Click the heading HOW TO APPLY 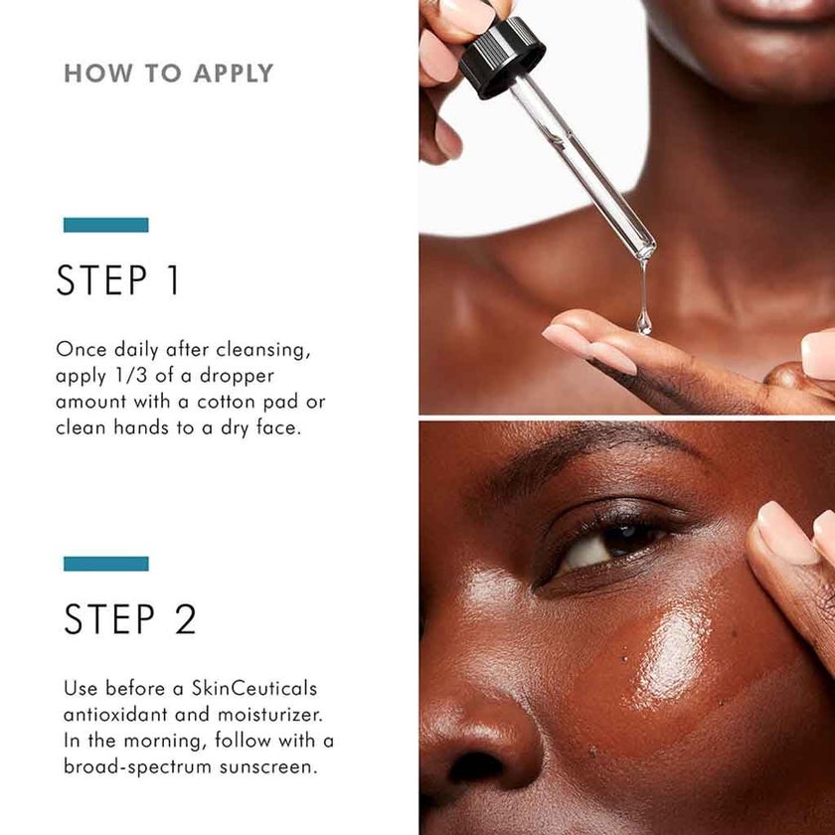[168, 74]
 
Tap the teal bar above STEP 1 [105, 225]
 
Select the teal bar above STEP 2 [105, 564]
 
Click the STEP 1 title [118, 281]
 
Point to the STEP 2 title [130, 619]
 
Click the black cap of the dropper [501, 57]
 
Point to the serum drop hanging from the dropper [644, 320]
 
